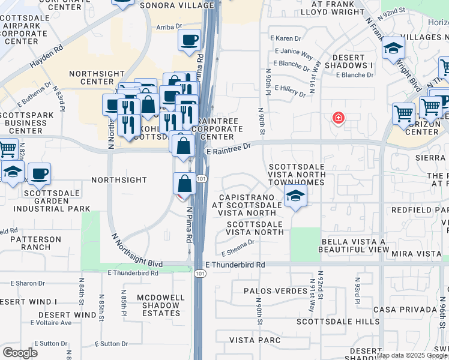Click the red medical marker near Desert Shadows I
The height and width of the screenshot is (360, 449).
[339, 117]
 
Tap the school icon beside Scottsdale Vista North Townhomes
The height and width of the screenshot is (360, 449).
[295, 197]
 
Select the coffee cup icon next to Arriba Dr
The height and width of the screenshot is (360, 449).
[189, 40]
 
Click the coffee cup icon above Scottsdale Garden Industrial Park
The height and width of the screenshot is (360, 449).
[40, 174]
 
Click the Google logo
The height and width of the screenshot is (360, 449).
[20, 353]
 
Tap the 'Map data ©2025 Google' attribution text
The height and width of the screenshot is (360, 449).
[412, 355]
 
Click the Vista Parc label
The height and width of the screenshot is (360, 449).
[255, 340]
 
